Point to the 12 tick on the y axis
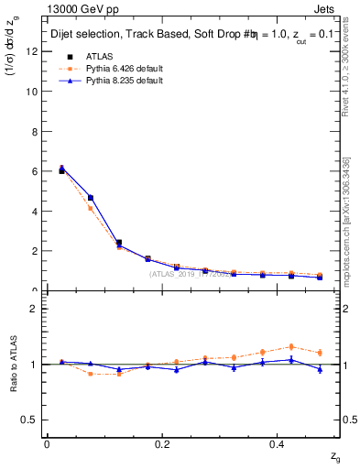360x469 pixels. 36,52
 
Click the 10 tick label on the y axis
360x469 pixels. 36,92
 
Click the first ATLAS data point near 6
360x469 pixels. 61,171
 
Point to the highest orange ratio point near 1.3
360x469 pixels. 290,346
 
